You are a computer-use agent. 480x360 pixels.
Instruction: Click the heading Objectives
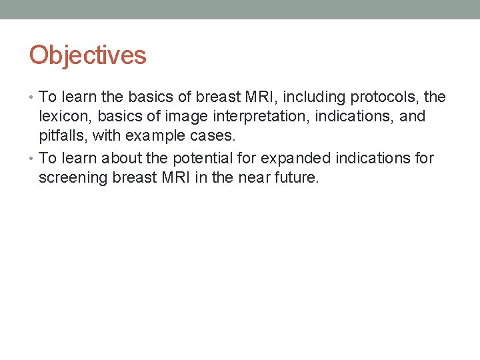[87, 55]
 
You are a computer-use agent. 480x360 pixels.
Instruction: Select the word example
[155, 137]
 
